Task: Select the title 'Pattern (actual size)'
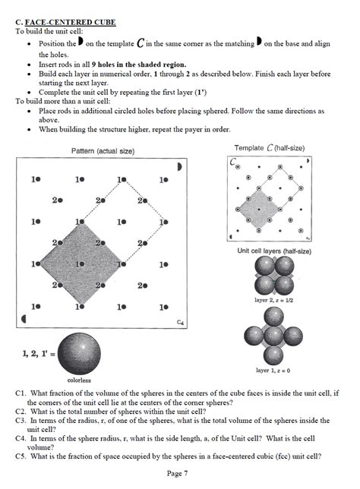(103, 151)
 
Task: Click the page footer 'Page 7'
(179, 473)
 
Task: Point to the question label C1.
(21, 393)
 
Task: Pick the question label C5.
(21, 456)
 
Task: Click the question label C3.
(21, 419)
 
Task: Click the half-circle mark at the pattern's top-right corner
(179, 166)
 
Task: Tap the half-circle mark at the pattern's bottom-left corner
(24, 320)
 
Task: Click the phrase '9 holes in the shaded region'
(132, 65)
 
